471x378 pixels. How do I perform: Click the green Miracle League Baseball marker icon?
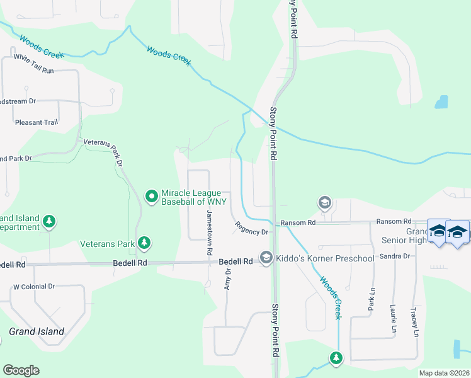pyautogui.click(x=151, y=197)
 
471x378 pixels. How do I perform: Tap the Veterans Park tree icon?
pyautogui.click(x=144, y=243)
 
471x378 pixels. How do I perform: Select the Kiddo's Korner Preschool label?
pyautogui.click(x=326, y=258)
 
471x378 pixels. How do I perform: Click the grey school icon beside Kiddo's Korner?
pyautogui.click(x=266, y=258)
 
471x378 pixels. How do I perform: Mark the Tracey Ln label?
pyautogui.click(x=416, y=323)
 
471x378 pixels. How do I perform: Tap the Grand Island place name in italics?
pyautogui.click(x=37, y=331)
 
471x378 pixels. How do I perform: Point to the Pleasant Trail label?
pyautogui.click(x=37, y=122)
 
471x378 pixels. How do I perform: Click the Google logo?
pyautogui.click(x=21, y=370)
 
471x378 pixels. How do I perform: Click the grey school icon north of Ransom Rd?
pyautogui.click(x=324, y=202)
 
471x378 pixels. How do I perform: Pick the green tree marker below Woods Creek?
pyautogui.click(x=336, y=358)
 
